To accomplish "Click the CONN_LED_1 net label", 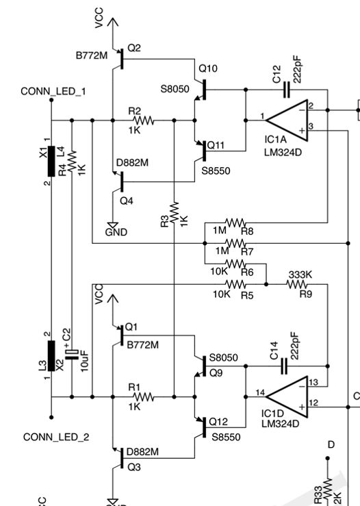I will [53, 91].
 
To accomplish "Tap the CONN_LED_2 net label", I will [56, 437].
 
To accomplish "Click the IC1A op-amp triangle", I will [286, 121].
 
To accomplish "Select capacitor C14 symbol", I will [286, 366].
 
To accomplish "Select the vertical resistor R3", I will [175, 212].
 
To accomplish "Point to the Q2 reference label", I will [134, 48].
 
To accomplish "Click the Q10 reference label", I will [208, 68].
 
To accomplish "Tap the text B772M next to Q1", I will [142, 344].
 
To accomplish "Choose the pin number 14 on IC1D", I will [259, 392].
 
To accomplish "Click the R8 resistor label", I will [247, 231].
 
